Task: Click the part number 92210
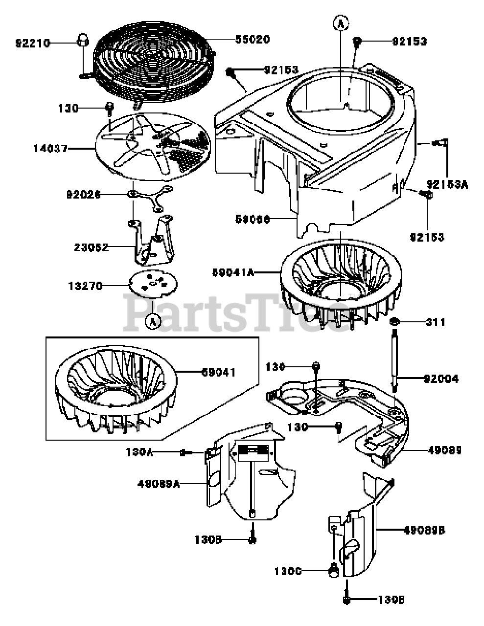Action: [x=33, y=43]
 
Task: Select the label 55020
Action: [x=253, y=39]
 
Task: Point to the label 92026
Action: [x=84, y=194]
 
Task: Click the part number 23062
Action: [x=92, y=247]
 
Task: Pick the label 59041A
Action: [x=233, y=272]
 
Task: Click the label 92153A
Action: [x=447, y=184]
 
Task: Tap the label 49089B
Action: [x=424, y=529]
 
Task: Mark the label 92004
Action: [x=441, y=379]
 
